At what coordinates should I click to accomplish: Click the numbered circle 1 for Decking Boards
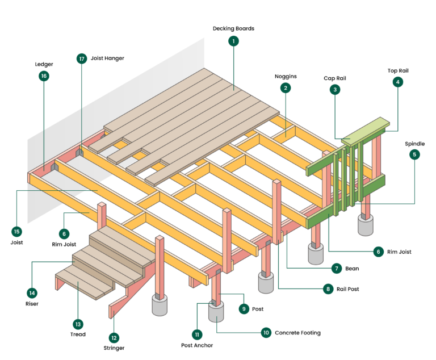[x=233, y=41]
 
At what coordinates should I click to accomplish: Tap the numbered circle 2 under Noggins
[x=286, y=87]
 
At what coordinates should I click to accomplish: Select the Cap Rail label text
[x=335, y=78]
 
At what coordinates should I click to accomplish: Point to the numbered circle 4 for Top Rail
[x=397, y=82]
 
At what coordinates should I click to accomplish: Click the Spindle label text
[x=414, y=144]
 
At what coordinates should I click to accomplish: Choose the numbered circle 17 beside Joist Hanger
[x=82, y=58]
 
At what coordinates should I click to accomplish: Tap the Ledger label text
[x=44, y=64]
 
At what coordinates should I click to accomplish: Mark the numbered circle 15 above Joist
[x=16, y=231]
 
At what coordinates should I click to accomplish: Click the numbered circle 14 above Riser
[x=32, y=293]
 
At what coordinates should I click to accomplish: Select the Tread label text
[x=78, y=334]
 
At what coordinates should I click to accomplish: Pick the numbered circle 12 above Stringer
[x=114, y=337]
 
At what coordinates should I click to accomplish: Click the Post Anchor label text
[x=198, y=345]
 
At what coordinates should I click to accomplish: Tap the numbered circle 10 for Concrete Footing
[x=266, y=333]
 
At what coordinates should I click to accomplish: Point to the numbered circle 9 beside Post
[x=244, y=309]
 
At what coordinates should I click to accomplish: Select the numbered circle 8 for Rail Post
[x=328, y=289]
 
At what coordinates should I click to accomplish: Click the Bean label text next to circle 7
[x=352, y=268]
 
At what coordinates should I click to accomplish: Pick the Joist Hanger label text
[x=107, y=58]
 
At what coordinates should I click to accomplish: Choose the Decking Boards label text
[x=233, y=28]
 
